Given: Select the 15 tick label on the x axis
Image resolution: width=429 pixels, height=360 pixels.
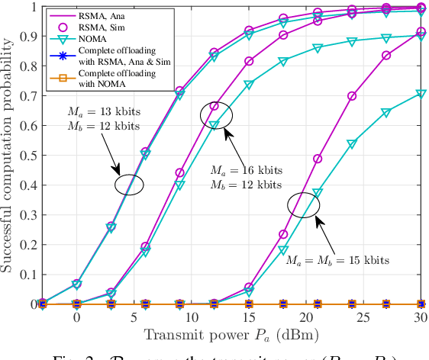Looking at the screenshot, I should pyautogui.click(x=248, y=316).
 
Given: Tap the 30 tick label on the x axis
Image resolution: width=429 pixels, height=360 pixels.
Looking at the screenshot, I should pyautogui.click(x=419, y=316).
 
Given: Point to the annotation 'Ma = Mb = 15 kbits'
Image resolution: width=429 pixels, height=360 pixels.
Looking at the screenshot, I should pyautogui.click(x=337, y=260).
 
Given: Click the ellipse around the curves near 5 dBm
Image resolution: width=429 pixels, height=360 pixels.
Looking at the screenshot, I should pyautogui.click(x=130, y=183).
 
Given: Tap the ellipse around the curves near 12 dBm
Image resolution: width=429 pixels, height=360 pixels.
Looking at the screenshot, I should pyautogui.click(x=216, y=114).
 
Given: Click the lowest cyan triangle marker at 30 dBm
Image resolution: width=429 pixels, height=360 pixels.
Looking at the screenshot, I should pyautogui.click(x=419, y=94).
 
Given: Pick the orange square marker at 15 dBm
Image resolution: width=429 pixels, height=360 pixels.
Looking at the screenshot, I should pyautogui.click(x=248, y=304).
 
